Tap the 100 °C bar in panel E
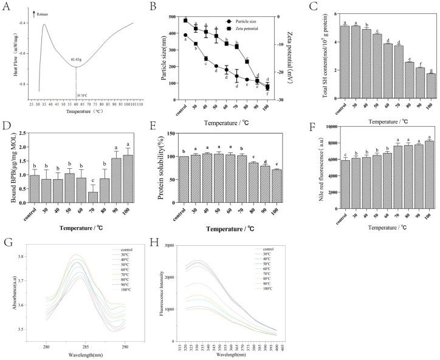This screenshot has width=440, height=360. pos(277,178)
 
